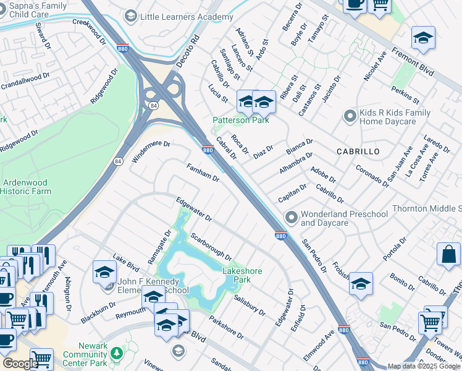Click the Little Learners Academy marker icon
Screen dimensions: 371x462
pyautogui.click(x=130, y=15)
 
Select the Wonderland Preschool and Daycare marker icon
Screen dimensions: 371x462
pyautogui.click(x=292, y=217)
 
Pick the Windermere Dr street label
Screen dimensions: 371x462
pyautogui.click(x=150, y=151)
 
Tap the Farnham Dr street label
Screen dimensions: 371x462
pyautogui.click(x=203, y=173)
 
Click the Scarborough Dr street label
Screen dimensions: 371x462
pyautogui.click(x=211, y=246)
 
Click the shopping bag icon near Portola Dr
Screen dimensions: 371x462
pyautogui.click(x=448, y=254)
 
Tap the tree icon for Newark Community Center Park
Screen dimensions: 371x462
pyautogui.click(x=117, y=354)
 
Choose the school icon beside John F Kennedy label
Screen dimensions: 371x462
pyautogui.click(x=105, y=273)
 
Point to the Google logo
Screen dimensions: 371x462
pyautogui.click(x=20, y=364)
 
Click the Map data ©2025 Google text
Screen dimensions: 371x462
pyautogui.click(x=424, y=366)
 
